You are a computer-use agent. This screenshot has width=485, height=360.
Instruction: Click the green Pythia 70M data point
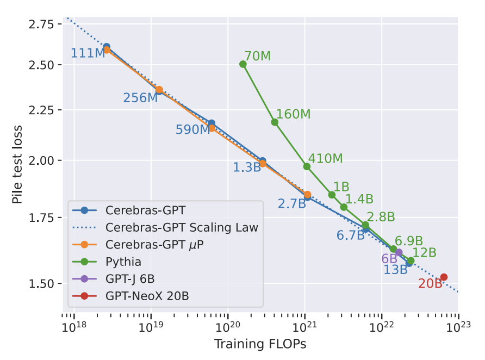243,64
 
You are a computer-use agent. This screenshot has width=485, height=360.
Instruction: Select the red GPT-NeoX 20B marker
444,277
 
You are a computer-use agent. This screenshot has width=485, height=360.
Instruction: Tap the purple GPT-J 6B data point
399,252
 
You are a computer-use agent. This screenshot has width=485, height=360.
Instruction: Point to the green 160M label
293,114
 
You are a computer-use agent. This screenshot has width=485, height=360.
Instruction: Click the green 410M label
325,158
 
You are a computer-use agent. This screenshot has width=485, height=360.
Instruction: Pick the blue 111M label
88,53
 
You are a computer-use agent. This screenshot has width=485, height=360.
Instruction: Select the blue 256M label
140,98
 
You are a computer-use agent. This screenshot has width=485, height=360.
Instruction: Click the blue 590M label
192,129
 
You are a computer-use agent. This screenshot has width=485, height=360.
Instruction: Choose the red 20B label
430,283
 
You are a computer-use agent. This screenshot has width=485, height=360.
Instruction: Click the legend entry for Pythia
123,262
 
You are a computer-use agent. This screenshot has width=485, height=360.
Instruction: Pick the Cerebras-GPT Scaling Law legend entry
182,227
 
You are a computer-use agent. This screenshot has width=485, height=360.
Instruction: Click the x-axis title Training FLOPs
260,344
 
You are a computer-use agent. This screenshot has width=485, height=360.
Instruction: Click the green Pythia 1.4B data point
344,207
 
